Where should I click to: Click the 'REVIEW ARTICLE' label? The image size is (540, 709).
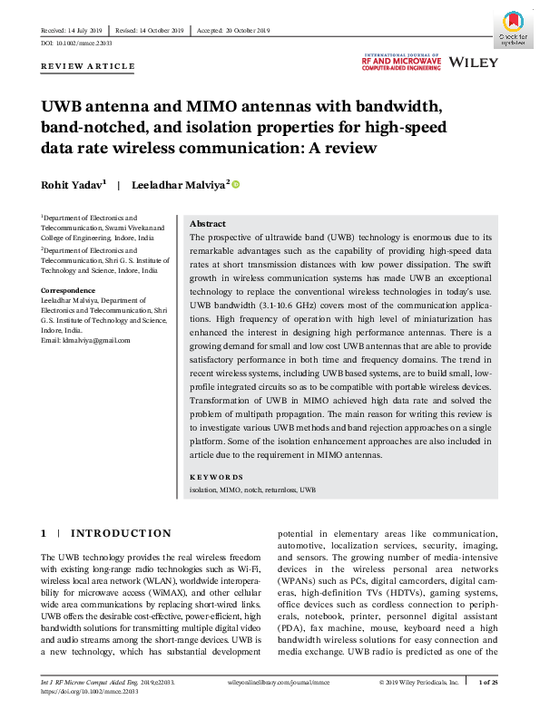[x=88, y=66]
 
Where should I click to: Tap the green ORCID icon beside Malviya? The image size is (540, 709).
[x=237, y=185]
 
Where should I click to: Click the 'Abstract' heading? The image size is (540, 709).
[x=208, y=224]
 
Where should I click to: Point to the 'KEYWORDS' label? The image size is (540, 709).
[x=216, y=477]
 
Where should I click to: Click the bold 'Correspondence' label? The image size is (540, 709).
[x=69, y=290]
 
